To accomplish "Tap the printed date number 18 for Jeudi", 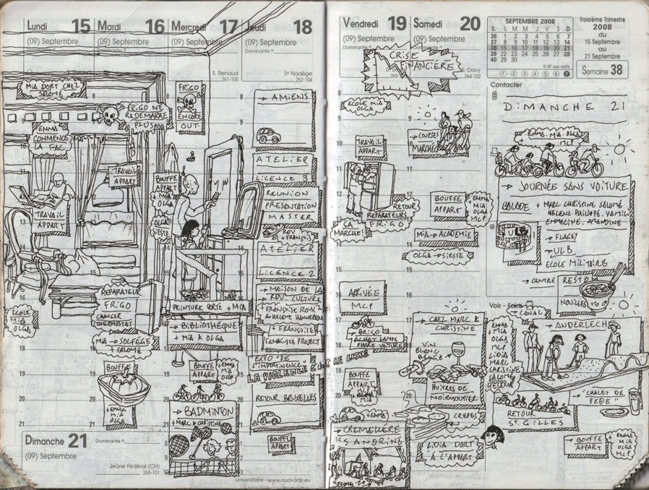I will (302, 27).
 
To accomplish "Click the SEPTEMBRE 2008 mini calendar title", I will (530, 20).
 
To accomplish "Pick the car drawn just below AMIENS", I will (268, 135).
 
